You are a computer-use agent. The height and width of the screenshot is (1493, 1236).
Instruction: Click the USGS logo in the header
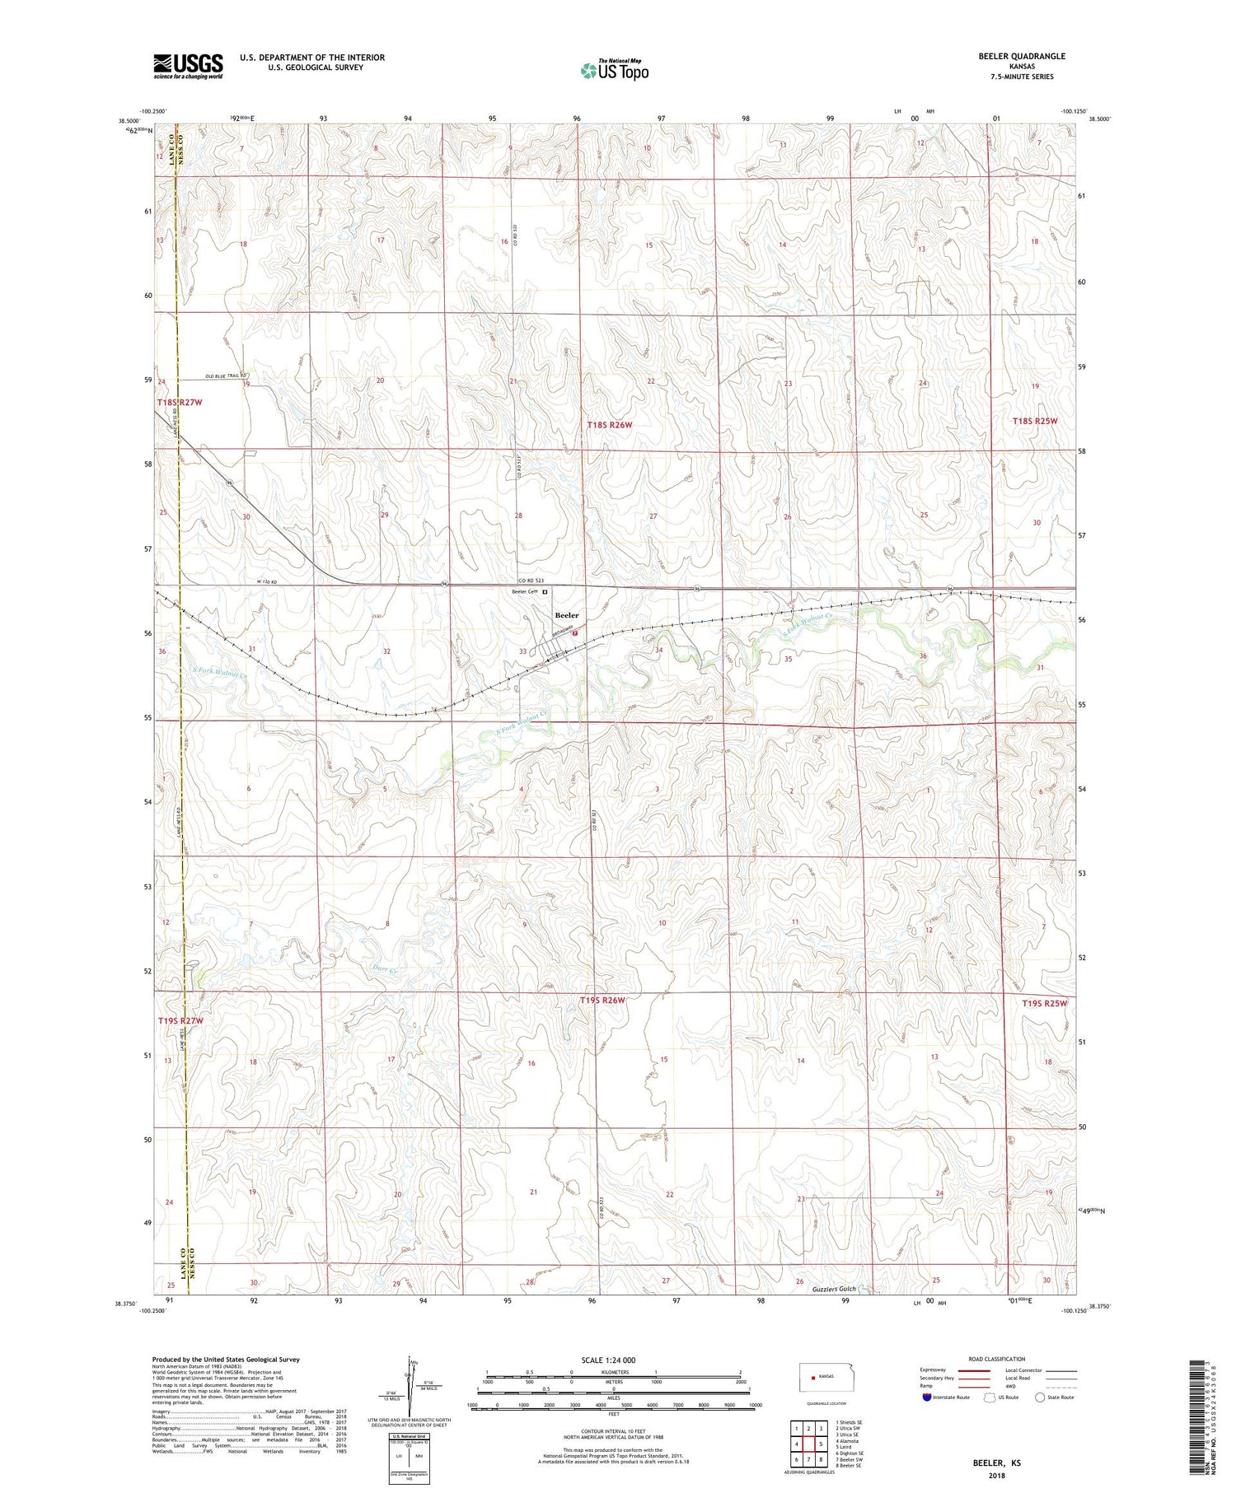point(188,66)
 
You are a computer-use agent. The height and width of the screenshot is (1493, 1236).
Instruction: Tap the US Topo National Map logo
point(614,70)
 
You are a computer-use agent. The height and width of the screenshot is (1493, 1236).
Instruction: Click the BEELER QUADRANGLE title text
point(1022,56)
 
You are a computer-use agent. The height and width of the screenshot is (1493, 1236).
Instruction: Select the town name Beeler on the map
point(566,615)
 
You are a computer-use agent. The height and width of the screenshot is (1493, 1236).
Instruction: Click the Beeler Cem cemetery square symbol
point(545,591)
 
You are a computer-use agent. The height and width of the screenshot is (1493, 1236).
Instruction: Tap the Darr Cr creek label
point(385,971)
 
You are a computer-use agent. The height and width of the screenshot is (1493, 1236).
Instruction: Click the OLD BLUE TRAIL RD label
point(226,376)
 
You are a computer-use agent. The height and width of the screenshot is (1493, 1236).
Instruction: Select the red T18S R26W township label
point(610,425)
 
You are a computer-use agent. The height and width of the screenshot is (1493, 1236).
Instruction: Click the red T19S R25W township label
point(1044,1004)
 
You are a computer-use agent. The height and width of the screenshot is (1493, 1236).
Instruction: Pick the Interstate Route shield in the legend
point(927,1397)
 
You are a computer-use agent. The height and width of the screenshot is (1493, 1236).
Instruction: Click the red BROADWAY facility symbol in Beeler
point(574,633)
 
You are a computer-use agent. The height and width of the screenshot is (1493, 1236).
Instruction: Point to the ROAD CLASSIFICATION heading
point(997,1359)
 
